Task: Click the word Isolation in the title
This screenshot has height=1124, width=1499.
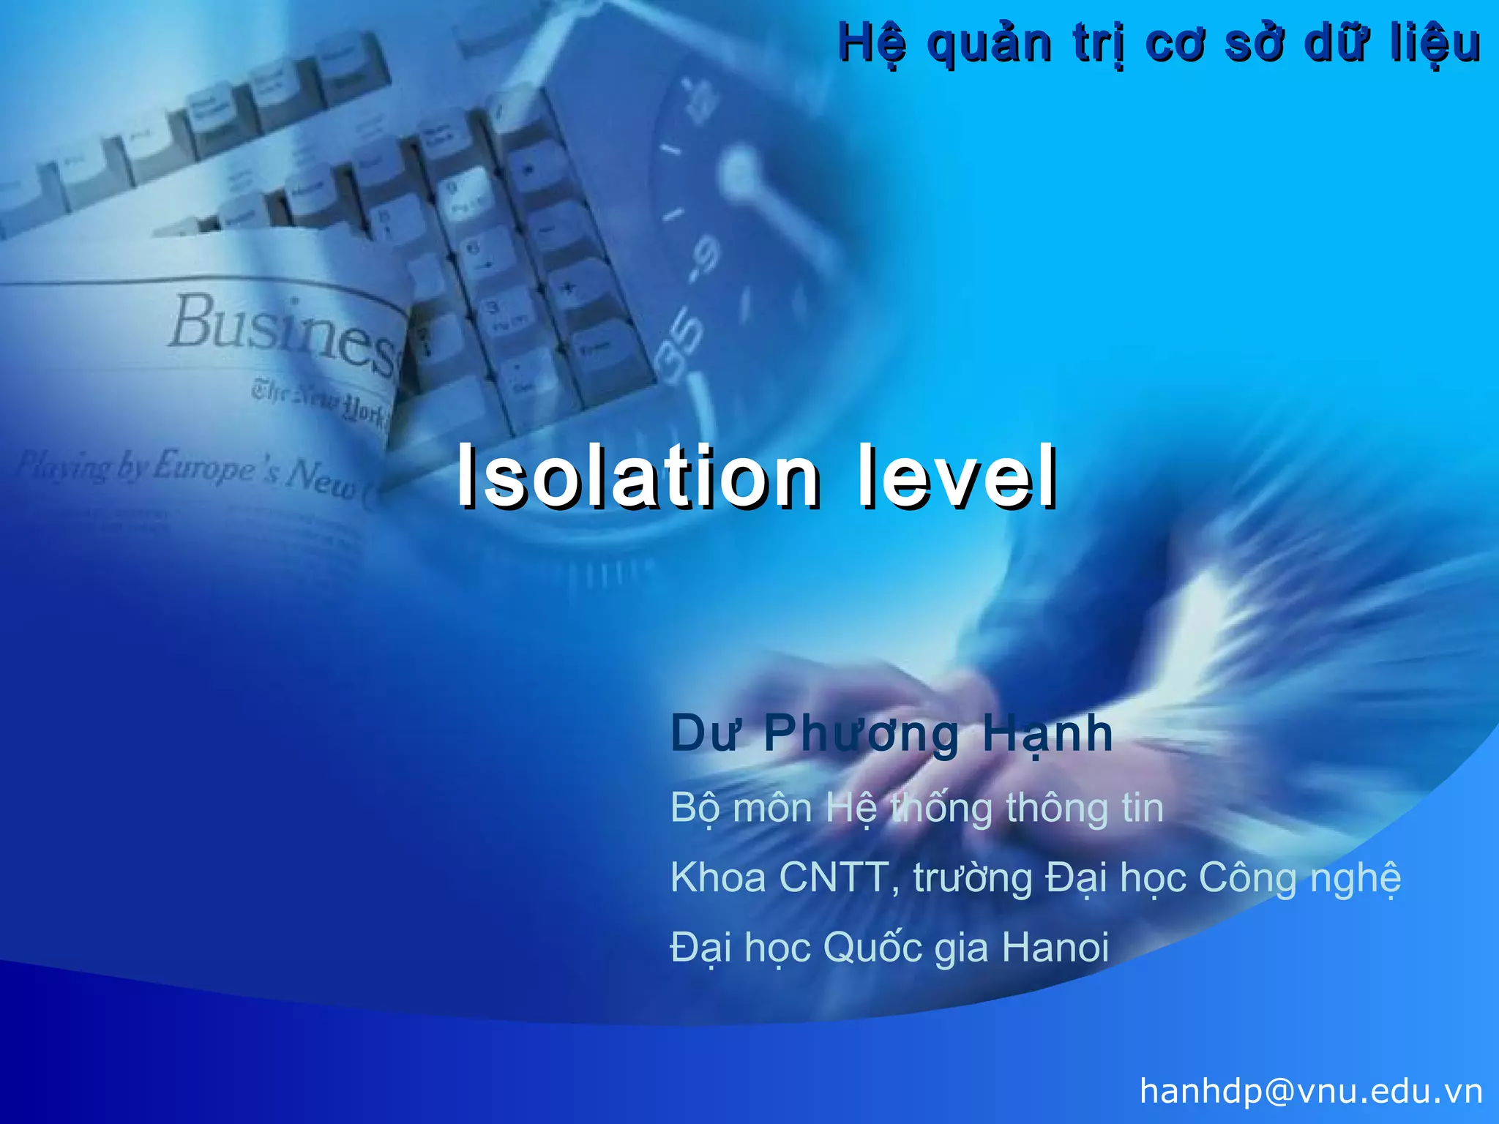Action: (637, 477)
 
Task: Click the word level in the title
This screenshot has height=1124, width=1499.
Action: (957, 477)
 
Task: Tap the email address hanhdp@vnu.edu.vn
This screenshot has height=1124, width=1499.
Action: (1311, 1091)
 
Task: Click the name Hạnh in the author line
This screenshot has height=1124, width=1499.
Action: (1047, 734)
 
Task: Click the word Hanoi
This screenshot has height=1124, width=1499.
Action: (1055, 947)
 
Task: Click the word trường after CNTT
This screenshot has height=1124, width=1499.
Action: (973, 878)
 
